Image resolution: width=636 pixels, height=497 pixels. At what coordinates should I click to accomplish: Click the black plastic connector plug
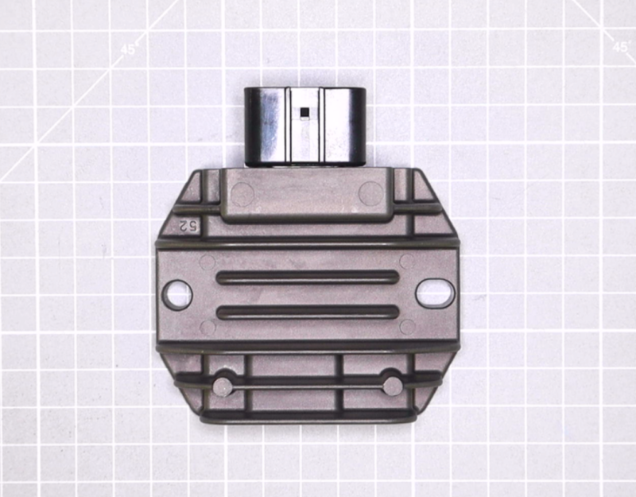pos(305,126)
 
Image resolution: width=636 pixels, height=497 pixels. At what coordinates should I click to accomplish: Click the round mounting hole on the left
pos(177,294)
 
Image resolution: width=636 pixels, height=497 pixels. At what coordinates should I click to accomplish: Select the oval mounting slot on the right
pos(434,293)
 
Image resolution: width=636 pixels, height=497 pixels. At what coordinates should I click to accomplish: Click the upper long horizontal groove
pos(308,277)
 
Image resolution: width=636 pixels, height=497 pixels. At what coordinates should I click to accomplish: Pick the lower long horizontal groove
pos(308,313)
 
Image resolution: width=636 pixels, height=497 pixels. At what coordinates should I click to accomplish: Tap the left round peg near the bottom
pos(223,386)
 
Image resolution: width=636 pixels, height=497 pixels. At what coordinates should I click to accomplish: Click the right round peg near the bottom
pos(393,386)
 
